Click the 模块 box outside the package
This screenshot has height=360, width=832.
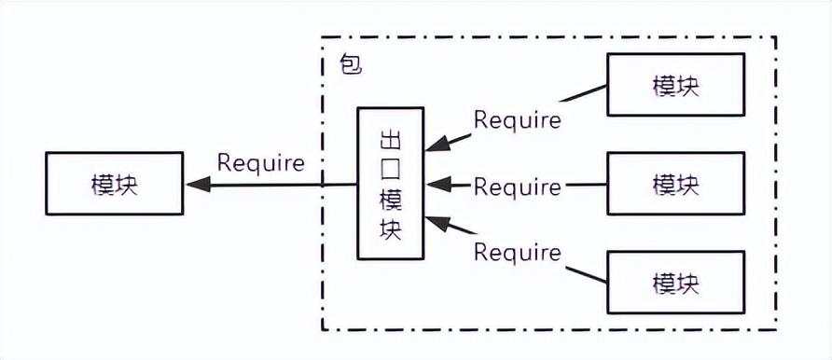(114, 184)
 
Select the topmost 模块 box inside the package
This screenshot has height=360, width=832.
(675, 85)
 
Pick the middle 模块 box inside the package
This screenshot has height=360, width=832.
(675, 184)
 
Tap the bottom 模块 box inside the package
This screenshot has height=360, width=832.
(675, 282)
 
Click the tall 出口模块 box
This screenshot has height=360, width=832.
(391, 184)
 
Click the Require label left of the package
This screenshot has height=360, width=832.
(260, 162)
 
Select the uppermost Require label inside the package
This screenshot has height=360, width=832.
(517, 119)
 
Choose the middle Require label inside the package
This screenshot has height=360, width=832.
(517, 187)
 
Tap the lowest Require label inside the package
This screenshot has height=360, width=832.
(517, 252)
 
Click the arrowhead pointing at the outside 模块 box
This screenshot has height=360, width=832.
(196, 185)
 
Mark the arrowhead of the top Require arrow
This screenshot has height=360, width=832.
(435, 145)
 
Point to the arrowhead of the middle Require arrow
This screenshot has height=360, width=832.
(435, 185)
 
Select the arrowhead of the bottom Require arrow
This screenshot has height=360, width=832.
(435, 223)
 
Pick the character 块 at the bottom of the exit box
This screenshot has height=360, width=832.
(391, 229)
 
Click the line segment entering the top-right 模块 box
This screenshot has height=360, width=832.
(585, 93)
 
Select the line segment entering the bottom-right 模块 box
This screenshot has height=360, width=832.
(585, 274)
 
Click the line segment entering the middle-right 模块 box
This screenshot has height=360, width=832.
(585, 185)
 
